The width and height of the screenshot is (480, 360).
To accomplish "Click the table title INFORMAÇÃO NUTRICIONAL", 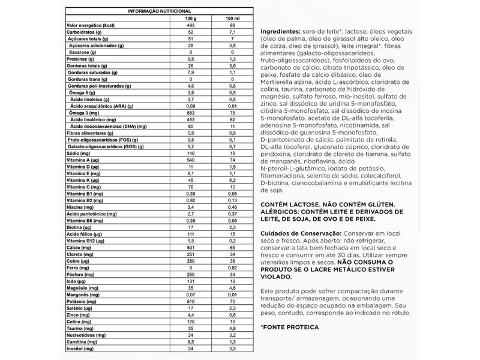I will pyautogui.click(x=160, y=11).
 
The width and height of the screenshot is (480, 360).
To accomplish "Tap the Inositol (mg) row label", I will pyautogui.click(x=80, y=347).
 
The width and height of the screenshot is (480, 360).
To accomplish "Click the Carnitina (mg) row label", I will pyautogui.click(x=82, y=340).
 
